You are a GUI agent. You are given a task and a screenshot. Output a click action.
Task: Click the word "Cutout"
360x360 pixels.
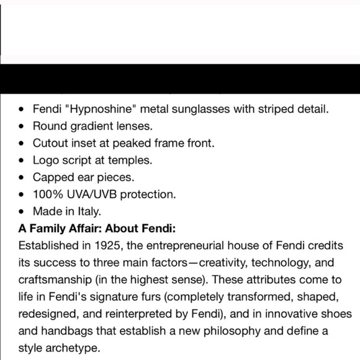pos(53,143)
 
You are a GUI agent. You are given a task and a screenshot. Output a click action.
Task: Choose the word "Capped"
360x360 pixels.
pos(54,177)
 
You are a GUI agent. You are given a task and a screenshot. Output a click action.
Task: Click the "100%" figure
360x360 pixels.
pos(48,194)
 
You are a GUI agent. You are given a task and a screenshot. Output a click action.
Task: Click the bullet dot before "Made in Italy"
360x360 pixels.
pos(22,211)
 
